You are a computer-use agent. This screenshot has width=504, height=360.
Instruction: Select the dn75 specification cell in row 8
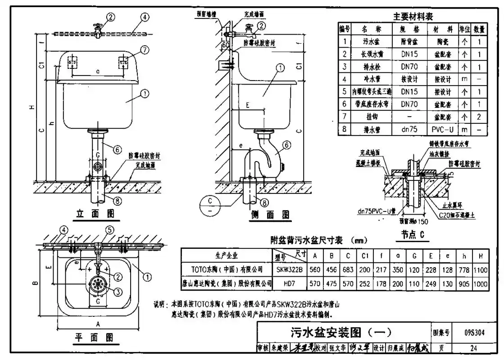pos(409,130)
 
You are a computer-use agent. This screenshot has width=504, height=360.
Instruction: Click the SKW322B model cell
pos(289,270)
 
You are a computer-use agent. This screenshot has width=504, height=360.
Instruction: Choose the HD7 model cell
pos(289,283)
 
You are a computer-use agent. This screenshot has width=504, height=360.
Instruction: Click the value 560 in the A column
pos(315,270)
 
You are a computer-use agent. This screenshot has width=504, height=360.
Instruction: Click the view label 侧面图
pos(270,215)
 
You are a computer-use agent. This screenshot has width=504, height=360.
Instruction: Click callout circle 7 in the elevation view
pos(144,50)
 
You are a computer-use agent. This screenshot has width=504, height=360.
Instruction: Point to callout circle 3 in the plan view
pos(118,292)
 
